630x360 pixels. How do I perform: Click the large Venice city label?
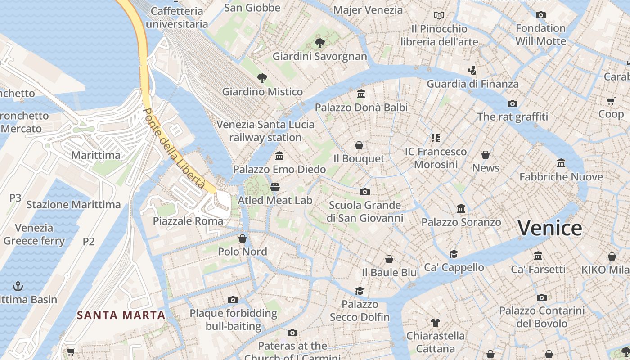coord(549,228)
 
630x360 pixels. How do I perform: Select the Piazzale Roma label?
coord(188,221)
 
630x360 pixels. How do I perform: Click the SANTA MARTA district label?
coord(121,315)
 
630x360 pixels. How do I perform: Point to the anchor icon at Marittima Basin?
coord(18,286)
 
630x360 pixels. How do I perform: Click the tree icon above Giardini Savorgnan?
coord(320,43)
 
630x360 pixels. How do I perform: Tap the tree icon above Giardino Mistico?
coord(262,78)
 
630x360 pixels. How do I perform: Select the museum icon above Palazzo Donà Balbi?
coord(361,94)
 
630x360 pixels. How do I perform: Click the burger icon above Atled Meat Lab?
coord(275,187)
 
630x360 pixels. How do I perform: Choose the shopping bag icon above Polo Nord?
coord(243,238)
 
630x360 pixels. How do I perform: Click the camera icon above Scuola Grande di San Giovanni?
coord(365,192)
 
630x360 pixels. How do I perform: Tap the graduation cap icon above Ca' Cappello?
coord(454,254)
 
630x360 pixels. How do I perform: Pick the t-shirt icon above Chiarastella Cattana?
coord(435,322)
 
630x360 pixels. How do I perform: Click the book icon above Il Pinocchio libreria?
coord(439,15)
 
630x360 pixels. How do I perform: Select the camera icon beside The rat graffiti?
coord(512,103)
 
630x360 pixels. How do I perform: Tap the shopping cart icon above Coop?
coord(611,101)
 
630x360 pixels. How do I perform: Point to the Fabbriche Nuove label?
coord(561,177)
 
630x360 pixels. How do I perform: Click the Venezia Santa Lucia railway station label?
coord(265,131)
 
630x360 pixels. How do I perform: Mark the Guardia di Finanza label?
coord(472,84)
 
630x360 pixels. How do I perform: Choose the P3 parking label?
coord(15,198)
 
